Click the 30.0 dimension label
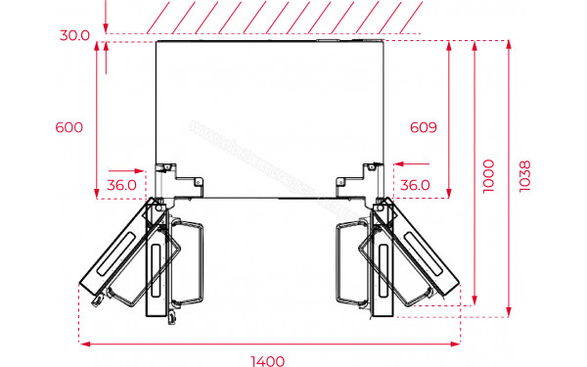(73, 34)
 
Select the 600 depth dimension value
(69, 127)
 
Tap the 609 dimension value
(423, 127)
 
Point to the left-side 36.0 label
(121, 184)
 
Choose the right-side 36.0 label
(416, 184)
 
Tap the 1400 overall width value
(268, 359)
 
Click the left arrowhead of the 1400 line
(83, 344)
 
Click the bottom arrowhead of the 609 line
(448, 192)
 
